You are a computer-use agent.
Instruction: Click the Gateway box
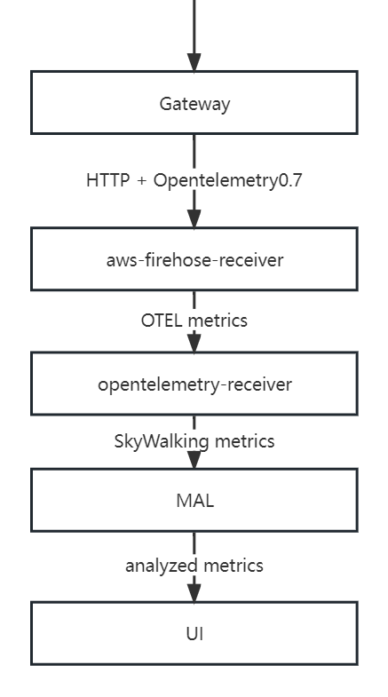194,103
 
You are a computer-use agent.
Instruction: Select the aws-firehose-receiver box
194,259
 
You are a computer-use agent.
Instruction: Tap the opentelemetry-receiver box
194,384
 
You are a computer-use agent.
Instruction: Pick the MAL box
194,500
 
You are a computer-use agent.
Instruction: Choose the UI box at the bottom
194,633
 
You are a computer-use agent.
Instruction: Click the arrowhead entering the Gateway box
194,61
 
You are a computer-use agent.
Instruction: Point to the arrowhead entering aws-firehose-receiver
194,218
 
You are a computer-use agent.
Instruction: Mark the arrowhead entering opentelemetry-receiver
194,342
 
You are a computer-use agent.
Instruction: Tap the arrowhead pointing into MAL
194,459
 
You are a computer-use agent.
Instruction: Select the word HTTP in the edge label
107,180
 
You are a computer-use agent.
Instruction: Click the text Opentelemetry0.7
228,180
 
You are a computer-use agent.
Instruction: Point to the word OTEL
161,320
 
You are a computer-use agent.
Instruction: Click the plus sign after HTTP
142,180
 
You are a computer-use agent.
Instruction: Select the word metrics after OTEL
217,320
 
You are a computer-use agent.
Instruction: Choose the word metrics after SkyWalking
244,441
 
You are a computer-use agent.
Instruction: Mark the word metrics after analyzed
234,566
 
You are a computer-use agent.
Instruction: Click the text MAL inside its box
194,500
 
